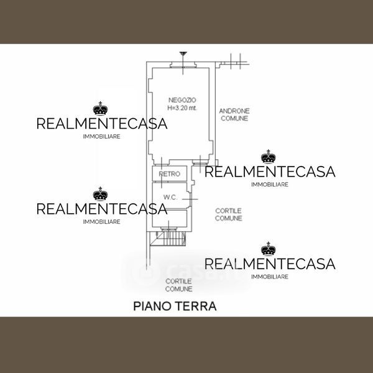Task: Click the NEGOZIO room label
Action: tap(182, 100)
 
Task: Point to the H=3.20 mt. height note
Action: tap(182, 108)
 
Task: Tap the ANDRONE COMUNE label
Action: tap(234, 114)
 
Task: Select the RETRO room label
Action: tap(169, 174)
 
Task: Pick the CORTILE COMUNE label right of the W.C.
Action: tap(228, 214)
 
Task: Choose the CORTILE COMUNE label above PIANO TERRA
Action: tap(178, 285)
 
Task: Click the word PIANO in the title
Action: tap(152, 306)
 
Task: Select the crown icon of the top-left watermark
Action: tap(100, 109)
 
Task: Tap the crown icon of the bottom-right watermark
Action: tap(268, 249)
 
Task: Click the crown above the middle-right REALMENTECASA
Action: tap(268, 156)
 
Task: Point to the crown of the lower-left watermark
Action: tap(100, 195)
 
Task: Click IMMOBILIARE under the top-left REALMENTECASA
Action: tap(102, 136)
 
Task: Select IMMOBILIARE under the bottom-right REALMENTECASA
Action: tap(269, 276)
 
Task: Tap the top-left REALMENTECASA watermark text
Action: tap(102, 124)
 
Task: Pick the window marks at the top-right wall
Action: tap(235, 60)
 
